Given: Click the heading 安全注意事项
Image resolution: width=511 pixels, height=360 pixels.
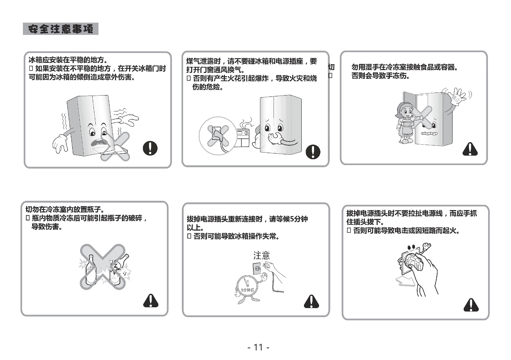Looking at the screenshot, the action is (x=61, y=29).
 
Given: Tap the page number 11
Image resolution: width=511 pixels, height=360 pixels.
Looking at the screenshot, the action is (x=258, y=347).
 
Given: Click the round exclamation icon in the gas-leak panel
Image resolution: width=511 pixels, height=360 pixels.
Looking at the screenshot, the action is (x=313, y=152).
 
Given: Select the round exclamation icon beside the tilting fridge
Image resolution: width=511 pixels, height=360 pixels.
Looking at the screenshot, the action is (x=150, y=148).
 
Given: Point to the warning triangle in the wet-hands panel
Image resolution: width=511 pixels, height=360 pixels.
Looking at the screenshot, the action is (x=470, y=149).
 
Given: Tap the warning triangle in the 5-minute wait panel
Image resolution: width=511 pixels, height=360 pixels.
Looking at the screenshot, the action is (x=311, y=302).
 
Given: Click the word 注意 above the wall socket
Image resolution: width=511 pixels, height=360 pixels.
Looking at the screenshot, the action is (x=262, y=256).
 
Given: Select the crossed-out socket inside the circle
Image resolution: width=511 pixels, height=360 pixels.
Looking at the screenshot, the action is (x=218, y=136).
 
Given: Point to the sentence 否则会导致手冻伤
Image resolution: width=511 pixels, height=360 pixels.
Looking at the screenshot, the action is (x=381, y=76).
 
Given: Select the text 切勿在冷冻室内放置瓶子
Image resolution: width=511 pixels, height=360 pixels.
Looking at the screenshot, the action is (x=65, y=210).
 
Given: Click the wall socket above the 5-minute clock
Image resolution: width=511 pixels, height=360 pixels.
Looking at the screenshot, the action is (x=257, y=269).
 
